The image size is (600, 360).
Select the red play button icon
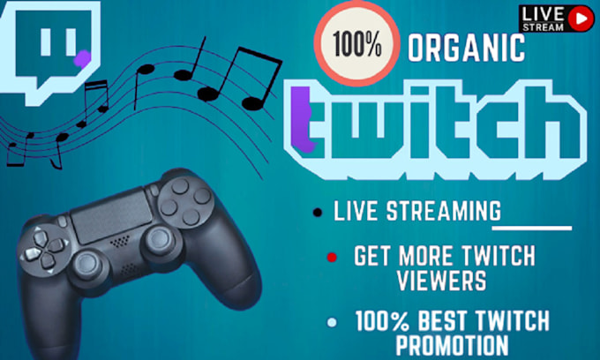click(x=581, y=15)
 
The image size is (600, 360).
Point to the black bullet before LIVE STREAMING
click(x=316, y=212)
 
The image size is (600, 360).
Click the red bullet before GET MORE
click(x=331, y=259)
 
